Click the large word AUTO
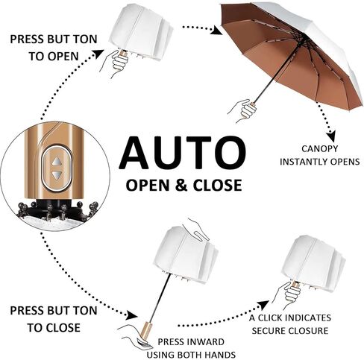(183, 153)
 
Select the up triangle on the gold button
(57, 162)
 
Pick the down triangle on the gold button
(57, 175)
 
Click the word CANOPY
(320, 149)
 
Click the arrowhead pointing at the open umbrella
(216, 31)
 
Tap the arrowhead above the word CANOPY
(330, 136)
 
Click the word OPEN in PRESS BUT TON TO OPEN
(63, 57)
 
